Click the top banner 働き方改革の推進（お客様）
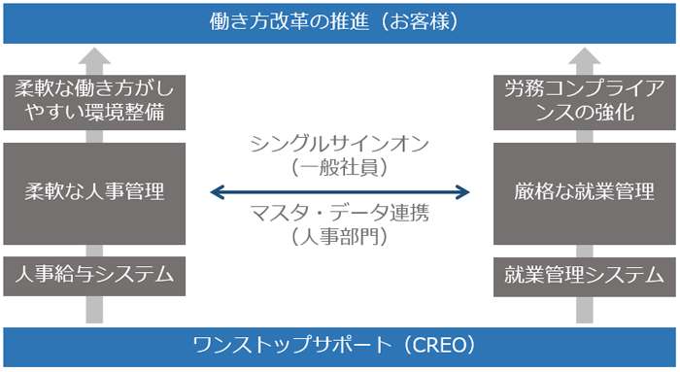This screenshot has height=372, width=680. (340, 21)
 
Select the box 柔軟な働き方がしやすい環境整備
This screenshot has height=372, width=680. (93, 102)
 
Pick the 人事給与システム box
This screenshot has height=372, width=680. (93, 276)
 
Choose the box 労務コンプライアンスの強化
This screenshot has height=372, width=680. (584, 102)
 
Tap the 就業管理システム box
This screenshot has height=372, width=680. (584, 276)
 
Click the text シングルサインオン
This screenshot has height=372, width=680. (339, 145)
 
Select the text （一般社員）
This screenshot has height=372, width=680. (339, 167)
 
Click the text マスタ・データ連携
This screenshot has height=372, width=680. (339, 213)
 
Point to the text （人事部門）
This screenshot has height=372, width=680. (339, 235)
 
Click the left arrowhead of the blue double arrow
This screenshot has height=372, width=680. (217, 191)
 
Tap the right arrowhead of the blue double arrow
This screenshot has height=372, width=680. (463, 191)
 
